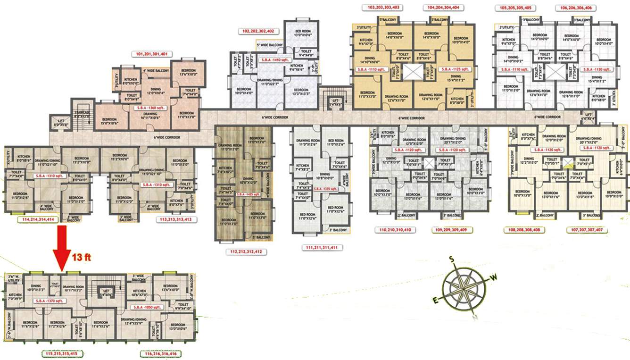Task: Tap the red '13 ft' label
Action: click(x=81, y=258)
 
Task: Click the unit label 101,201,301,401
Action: click(x=151, y=54)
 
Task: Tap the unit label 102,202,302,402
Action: click(x=258, y=31)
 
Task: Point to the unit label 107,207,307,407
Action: click(x=587, y=230)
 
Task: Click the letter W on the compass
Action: click(x=494, y=278)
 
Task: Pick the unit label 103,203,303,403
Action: click(x=383, y=8)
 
